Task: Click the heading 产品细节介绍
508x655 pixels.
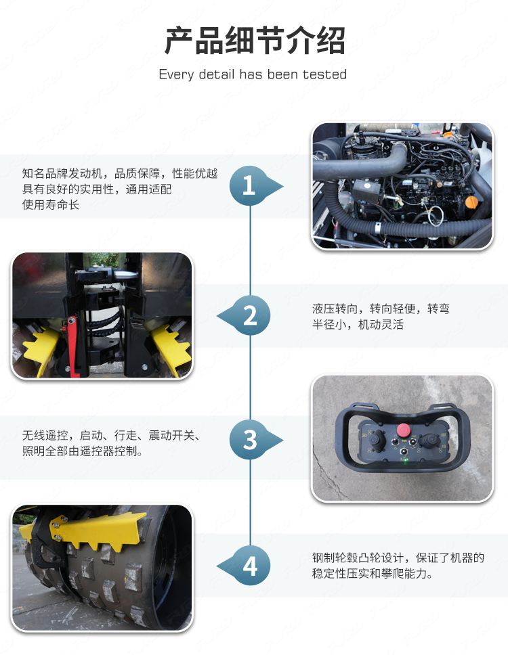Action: click(x=254, y=41)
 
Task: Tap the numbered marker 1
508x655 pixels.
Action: click(x=249, y=185)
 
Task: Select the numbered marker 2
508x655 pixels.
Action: click(x=250, y=315)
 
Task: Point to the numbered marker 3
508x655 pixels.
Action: click(x=250, y=439)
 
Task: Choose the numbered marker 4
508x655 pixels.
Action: click(x=250, y=566)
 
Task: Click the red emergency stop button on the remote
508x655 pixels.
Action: click(x=403, y=430)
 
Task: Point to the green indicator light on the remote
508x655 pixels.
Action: click(x=404, y=461)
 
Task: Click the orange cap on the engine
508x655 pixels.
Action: click(x=471, y=202)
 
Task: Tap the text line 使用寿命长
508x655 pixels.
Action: click(x=51, y=204)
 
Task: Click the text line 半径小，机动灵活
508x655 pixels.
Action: click(x=358, y=325)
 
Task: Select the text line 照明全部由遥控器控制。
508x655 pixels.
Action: click(x=83, y=451)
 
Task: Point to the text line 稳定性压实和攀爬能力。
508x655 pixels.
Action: click(x=372, y=574)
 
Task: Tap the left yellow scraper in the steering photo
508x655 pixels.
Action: click(x=42, y=348)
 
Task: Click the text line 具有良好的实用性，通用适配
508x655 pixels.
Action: click(x=97, y=189)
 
